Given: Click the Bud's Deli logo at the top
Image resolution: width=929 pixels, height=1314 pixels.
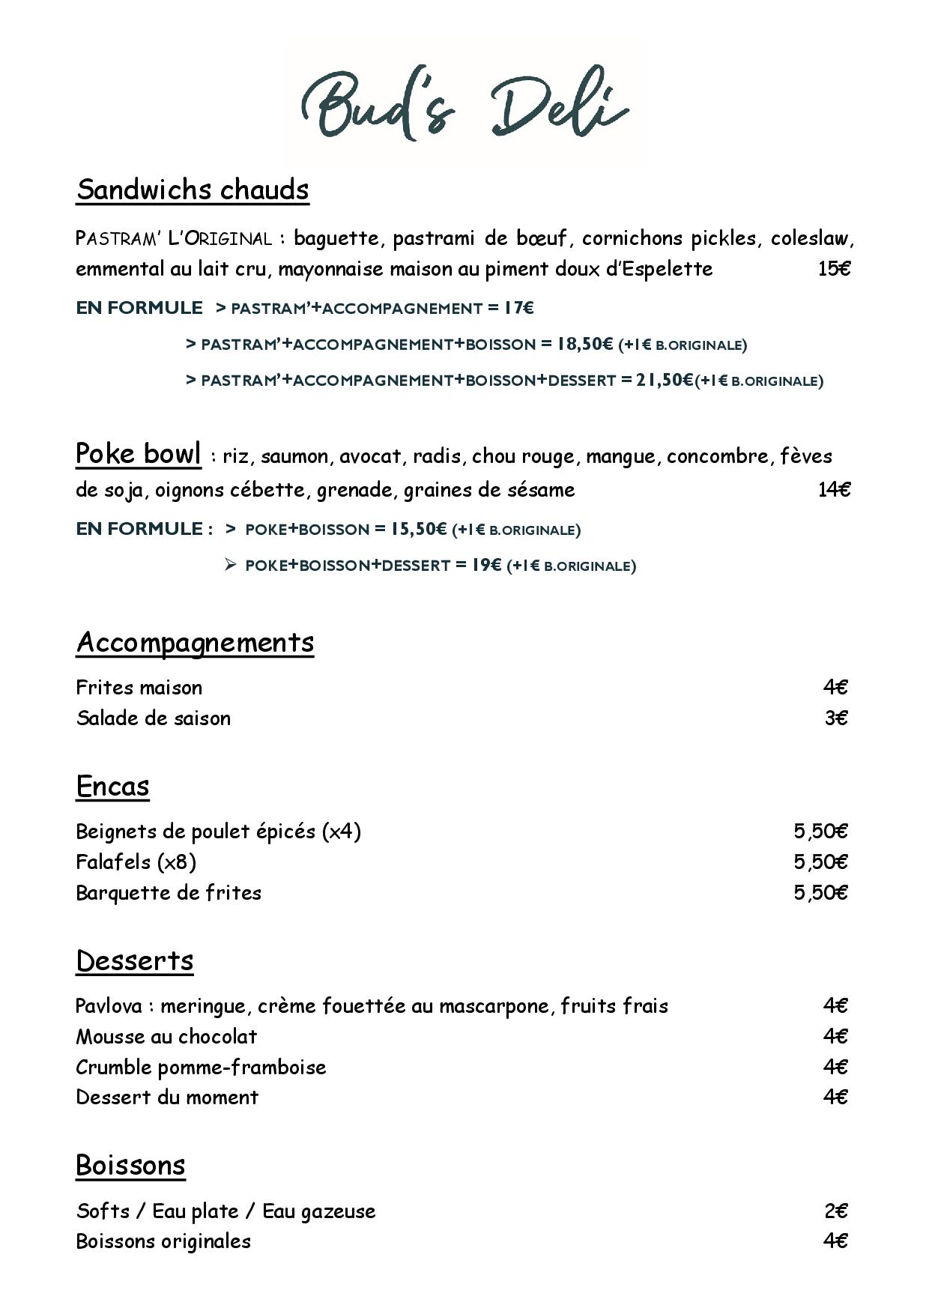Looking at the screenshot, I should coord(464,105).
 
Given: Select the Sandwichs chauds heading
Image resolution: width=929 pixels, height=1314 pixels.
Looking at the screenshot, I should coord(193,190).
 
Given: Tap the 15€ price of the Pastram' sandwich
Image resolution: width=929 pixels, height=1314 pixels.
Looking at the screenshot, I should coord(834,269).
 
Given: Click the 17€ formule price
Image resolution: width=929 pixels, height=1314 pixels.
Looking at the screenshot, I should coord(518,308).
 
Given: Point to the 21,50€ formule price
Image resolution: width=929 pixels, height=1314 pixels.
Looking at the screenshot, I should coord(665,380).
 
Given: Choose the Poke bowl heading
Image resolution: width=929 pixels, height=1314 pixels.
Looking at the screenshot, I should coord(139,454).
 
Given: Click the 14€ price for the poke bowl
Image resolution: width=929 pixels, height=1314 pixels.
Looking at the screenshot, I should coord(834,490).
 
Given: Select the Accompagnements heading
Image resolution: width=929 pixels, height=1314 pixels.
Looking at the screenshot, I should coord(195,642).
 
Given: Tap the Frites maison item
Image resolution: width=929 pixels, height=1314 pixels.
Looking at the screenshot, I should coord(139,688).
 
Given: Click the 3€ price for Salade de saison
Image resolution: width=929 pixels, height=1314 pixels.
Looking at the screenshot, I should coord(836,718).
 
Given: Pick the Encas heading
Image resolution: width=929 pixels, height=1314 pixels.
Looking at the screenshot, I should coord(112,786).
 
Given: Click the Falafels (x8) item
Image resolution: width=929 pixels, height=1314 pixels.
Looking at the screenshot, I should coord(136,862).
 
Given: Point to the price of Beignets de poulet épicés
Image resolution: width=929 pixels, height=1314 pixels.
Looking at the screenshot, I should coord(820,832).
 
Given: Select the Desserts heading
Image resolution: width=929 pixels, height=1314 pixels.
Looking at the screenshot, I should coord(135,960).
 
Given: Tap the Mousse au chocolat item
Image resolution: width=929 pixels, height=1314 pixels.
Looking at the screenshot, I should coord(166,1037).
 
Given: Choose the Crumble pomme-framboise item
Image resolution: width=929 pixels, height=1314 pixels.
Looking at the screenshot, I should coord(201,1068).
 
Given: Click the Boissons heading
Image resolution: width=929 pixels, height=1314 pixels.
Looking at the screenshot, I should coord(130,1165).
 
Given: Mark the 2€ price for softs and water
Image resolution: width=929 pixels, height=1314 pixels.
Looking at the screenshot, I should coord(836,1211).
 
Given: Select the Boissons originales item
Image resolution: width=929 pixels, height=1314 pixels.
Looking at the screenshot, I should coord(163,1241).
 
